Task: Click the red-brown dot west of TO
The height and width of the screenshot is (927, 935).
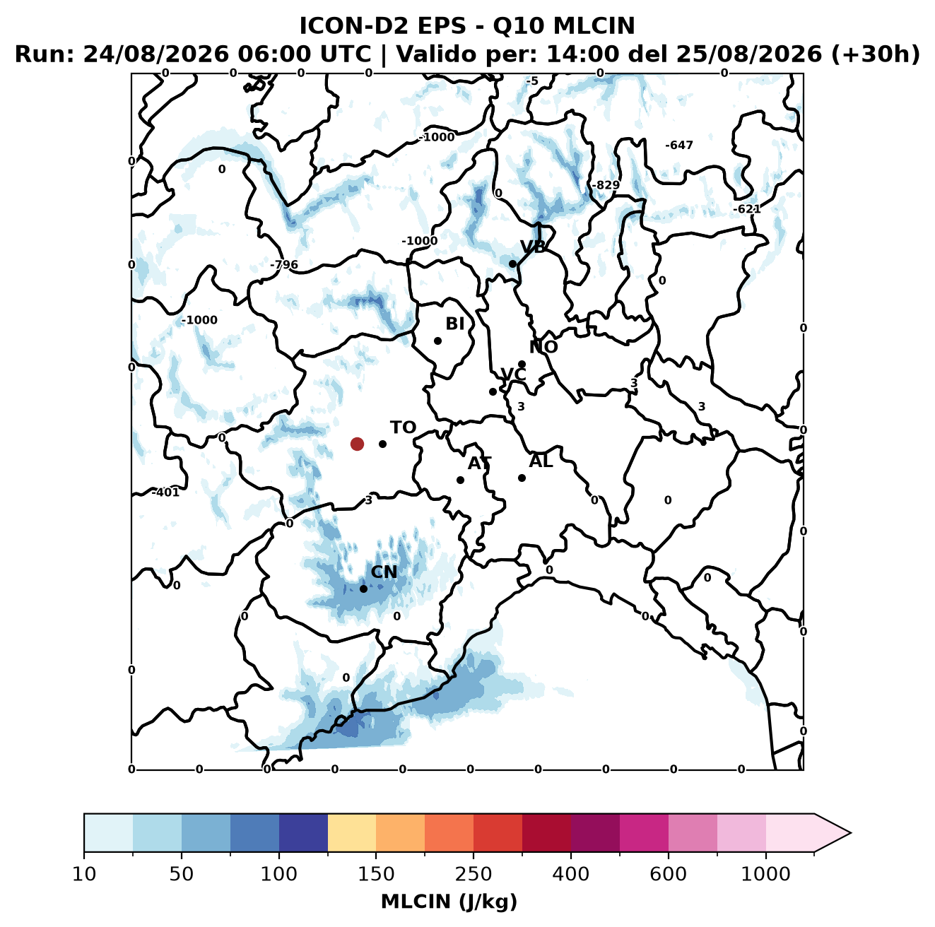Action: pos(357,444)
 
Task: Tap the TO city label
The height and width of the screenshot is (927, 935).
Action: pos(403,427)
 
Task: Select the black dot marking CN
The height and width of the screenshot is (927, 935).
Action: pos(363,589)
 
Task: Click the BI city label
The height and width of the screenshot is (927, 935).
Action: pos(454,324)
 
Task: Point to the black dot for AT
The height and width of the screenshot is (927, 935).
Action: pos(460,480)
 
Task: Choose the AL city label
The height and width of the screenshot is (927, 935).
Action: pos(541,461)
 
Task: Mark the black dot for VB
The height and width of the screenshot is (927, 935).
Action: pos(512,264)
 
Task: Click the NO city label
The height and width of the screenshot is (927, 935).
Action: pos(543,347)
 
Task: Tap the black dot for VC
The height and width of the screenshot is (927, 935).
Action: pos(493,391)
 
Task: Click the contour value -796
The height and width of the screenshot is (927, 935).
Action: pos(284,264)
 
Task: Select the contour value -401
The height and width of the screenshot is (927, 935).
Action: pos(165,492)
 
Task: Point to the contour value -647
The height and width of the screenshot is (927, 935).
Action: pos(678,145)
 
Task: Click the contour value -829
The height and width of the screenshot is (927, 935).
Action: pos(606,185)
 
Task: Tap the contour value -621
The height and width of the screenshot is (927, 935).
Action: pos(747,209)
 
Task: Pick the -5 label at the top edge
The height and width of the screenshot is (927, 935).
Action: pos(532,81)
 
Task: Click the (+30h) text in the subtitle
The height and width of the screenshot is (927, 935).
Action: pos(876,54)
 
